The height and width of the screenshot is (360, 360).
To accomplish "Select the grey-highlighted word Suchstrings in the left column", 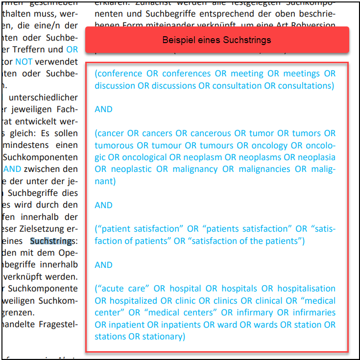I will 52,241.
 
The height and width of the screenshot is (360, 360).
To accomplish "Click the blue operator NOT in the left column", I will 24,62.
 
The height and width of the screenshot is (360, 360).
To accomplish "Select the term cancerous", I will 211,133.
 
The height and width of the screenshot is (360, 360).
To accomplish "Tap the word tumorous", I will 114,145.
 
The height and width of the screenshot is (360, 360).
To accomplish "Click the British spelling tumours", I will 216,145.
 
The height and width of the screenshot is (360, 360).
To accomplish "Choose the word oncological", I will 144,157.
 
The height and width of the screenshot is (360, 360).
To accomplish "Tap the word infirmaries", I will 314,312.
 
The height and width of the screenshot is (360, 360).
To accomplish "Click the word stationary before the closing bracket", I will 163,336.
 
